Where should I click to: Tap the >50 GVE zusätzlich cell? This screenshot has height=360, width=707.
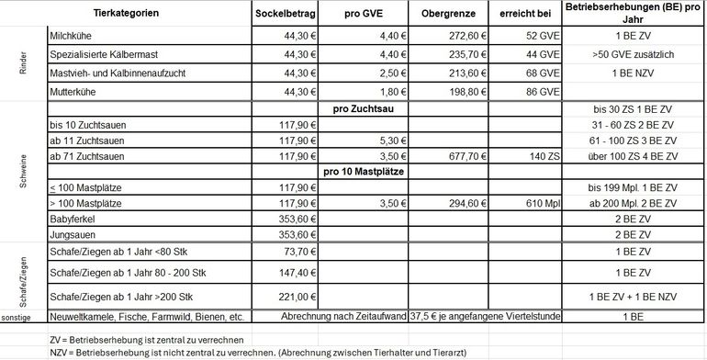634,55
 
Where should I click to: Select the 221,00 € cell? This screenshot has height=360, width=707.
296,297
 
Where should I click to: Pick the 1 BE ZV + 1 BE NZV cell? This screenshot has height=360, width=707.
634,297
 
